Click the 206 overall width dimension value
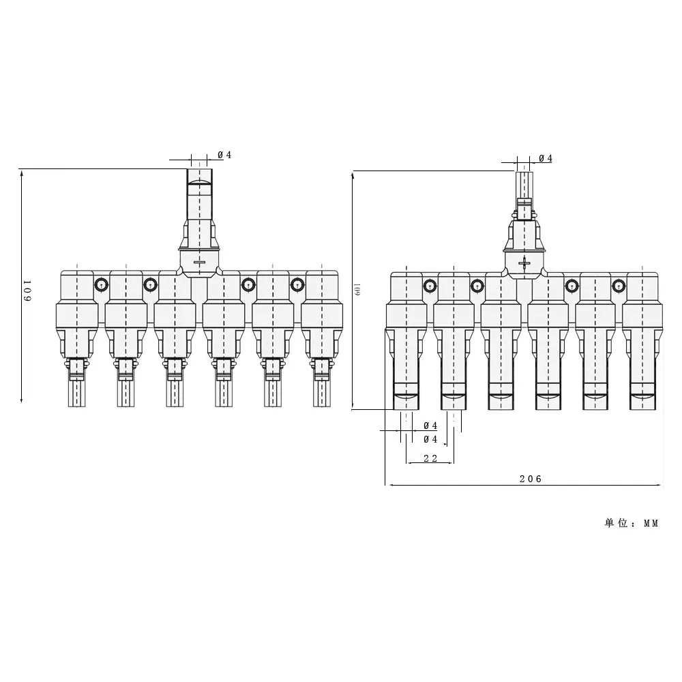(530, 479)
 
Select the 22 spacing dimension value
(430, 458)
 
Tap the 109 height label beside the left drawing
(27, 291)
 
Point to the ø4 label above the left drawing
(224, 155)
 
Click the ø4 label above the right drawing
(545, 158)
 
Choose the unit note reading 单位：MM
(632, 523)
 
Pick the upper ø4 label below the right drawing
(430, 426)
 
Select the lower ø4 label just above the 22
(430, 439)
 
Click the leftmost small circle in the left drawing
(101, 284)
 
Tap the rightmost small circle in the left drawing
(297, 284)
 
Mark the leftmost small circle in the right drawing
(430, 285)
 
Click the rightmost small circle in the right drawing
(619, 285)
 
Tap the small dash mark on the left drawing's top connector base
(199, 263)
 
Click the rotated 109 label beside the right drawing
(357, 290)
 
